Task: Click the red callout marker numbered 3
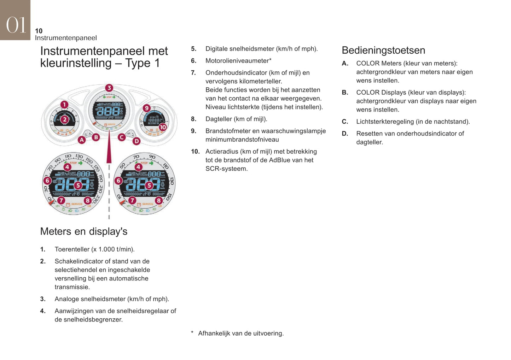[x=109, y=88]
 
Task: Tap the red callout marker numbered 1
[x=64, y=105]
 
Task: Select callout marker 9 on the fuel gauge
[x=146, y=108]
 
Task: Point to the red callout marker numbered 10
[x=162, y=127]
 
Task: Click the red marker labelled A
[x=82, y=140]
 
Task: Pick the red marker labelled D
[x=137, y=141]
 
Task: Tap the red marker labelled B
[x=96, y=137]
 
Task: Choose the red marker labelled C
[x=122, y=137]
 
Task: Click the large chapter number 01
[x=16, y=25]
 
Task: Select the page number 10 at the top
[x=39, y=31]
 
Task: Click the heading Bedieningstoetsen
[x=383, y=50]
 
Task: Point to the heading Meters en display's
[x=83, y=231]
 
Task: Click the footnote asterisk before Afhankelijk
[x=192, y=332]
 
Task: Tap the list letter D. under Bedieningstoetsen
[x=345, y=134]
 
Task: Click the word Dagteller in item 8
[x=219, y=119]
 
